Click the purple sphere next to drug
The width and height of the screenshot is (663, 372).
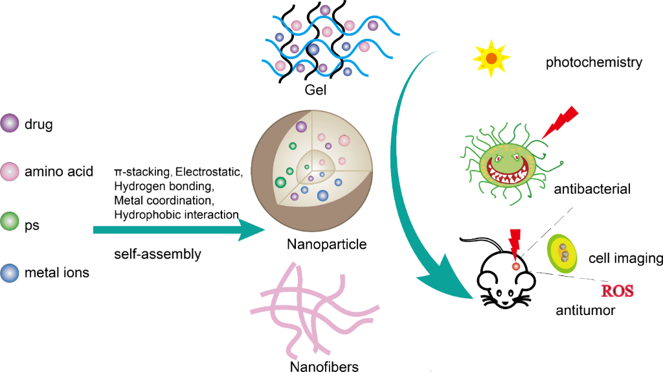click(x=9, y=123)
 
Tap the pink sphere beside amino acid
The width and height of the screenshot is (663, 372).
click(x=9, y=171)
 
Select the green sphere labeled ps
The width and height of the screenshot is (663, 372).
click(x=9, y=222)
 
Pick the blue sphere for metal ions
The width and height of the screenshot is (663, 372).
click(x=9, y=273)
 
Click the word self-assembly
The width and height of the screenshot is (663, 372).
click(x=157, y=254)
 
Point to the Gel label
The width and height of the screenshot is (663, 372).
click(x=315, y=89)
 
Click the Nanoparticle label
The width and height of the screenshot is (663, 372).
click(x=326, y=244)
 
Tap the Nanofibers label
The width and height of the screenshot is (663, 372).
click(x=324, y=366)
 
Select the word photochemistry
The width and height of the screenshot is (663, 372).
click(x=594, y=63)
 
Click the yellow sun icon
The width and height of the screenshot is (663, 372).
click(x=491, y=58)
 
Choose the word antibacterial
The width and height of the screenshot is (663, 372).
click(x=592, y=189)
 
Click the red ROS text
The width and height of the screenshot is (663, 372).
click(x=617, y=291)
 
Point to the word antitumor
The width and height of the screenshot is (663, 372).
click(x=585, y=310)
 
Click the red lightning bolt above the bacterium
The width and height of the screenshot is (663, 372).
click(x=560, y=122)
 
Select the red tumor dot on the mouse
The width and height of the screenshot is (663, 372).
click(x=516, y=266)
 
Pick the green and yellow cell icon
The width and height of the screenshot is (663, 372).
click(x=563, y=254)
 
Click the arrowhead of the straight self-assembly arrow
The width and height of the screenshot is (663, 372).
click(x=252, y=230)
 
